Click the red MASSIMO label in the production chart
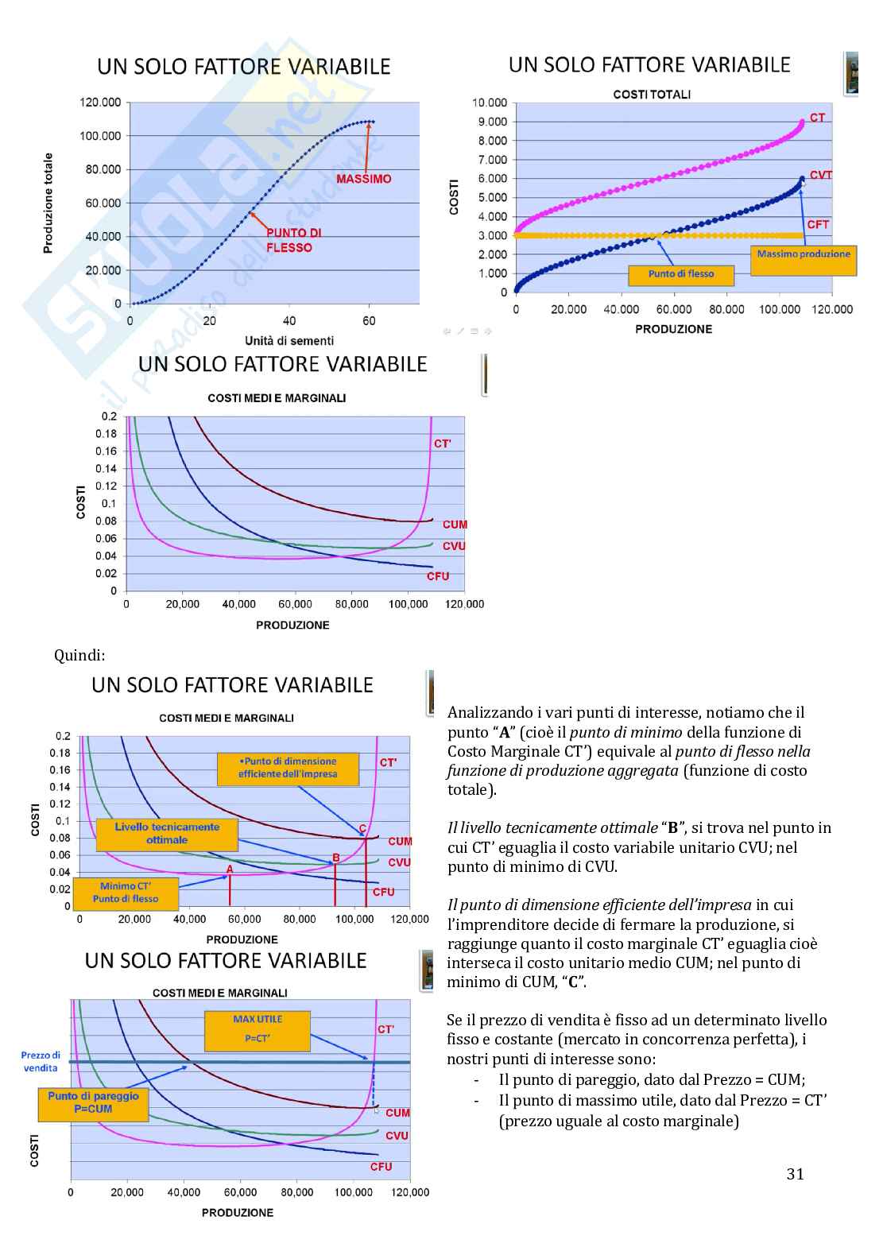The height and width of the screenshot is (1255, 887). tap(363, 179)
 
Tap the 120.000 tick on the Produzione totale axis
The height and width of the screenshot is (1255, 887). tap(100, 103)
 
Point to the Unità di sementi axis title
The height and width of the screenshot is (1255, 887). tap(289, 341)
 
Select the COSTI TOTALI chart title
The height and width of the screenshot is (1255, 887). tap(652, 94)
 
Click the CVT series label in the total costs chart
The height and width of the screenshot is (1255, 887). tap(820, 175)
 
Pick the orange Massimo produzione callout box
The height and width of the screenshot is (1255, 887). tap(803, 260)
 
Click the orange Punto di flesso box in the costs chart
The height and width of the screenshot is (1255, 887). tap(680, 275)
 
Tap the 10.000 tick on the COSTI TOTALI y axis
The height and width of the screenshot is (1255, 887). tap(489, 103)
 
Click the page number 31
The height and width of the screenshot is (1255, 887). tap(795, 1174)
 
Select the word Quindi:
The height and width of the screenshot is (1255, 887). tap(79, 655)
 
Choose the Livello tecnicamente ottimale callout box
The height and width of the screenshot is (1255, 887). tap(167, 834)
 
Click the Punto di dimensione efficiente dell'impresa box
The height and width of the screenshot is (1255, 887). tap(288, 768)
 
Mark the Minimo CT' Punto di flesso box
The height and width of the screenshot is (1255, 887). tap(125, 893)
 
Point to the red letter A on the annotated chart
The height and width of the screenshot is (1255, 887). tap(230, 870)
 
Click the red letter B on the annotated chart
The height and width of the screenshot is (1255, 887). tap(336, 858)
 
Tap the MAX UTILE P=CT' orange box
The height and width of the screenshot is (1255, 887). tap(258, 1030)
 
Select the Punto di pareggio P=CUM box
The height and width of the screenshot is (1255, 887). tap(93, 1103)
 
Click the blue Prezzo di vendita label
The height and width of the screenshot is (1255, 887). tap(41, 1062)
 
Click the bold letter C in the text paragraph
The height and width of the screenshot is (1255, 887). tap(572, 982)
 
